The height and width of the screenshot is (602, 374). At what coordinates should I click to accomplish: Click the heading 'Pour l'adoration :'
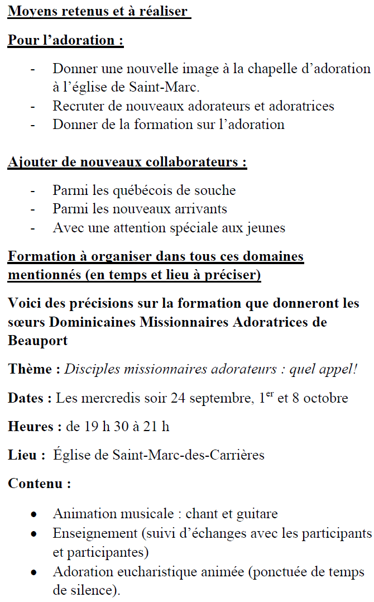coord(65,41)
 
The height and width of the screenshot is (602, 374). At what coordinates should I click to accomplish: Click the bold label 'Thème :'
coord(34,369)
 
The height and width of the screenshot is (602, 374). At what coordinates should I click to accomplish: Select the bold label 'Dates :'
coord(30,398)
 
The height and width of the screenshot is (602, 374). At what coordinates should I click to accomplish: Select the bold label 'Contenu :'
coord(39,484)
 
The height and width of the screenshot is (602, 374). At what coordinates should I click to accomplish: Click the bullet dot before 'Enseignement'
coord(35,534)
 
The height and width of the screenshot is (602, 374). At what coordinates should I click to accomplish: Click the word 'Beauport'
coord(36,340)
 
